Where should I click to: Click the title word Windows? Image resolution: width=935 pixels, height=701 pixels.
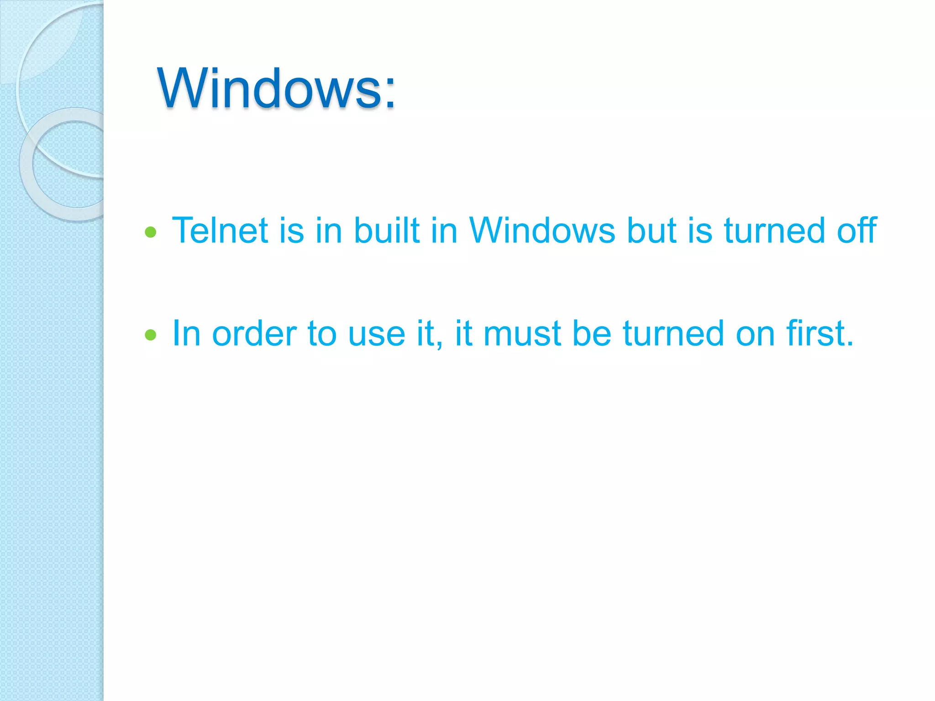point(276,88)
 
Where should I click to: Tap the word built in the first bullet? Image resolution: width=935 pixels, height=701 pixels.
point(387,230)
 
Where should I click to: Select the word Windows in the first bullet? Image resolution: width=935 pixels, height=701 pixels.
point(542,230)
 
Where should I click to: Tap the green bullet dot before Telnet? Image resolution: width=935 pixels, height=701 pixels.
point(151,233)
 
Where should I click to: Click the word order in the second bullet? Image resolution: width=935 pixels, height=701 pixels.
point(254,334)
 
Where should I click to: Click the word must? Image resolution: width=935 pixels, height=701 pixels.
point(522,334)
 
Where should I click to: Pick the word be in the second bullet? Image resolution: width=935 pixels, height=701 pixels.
point(592,334)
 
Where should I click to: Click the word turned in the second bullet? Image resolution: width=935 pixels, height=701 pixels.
point(673,334)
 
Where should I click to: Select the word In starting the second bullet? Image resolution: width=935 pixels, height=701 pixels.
point(186,334)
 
